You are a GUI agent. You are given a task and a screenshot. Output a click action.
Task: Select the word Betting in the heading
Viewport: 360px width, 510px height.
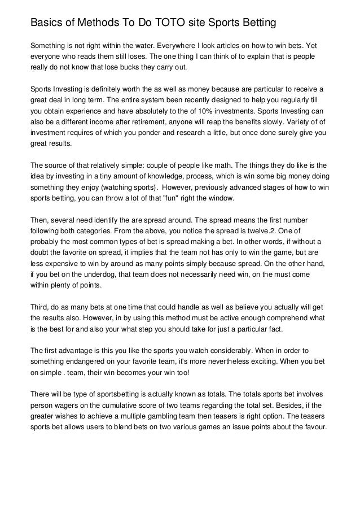click(257, 23)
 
